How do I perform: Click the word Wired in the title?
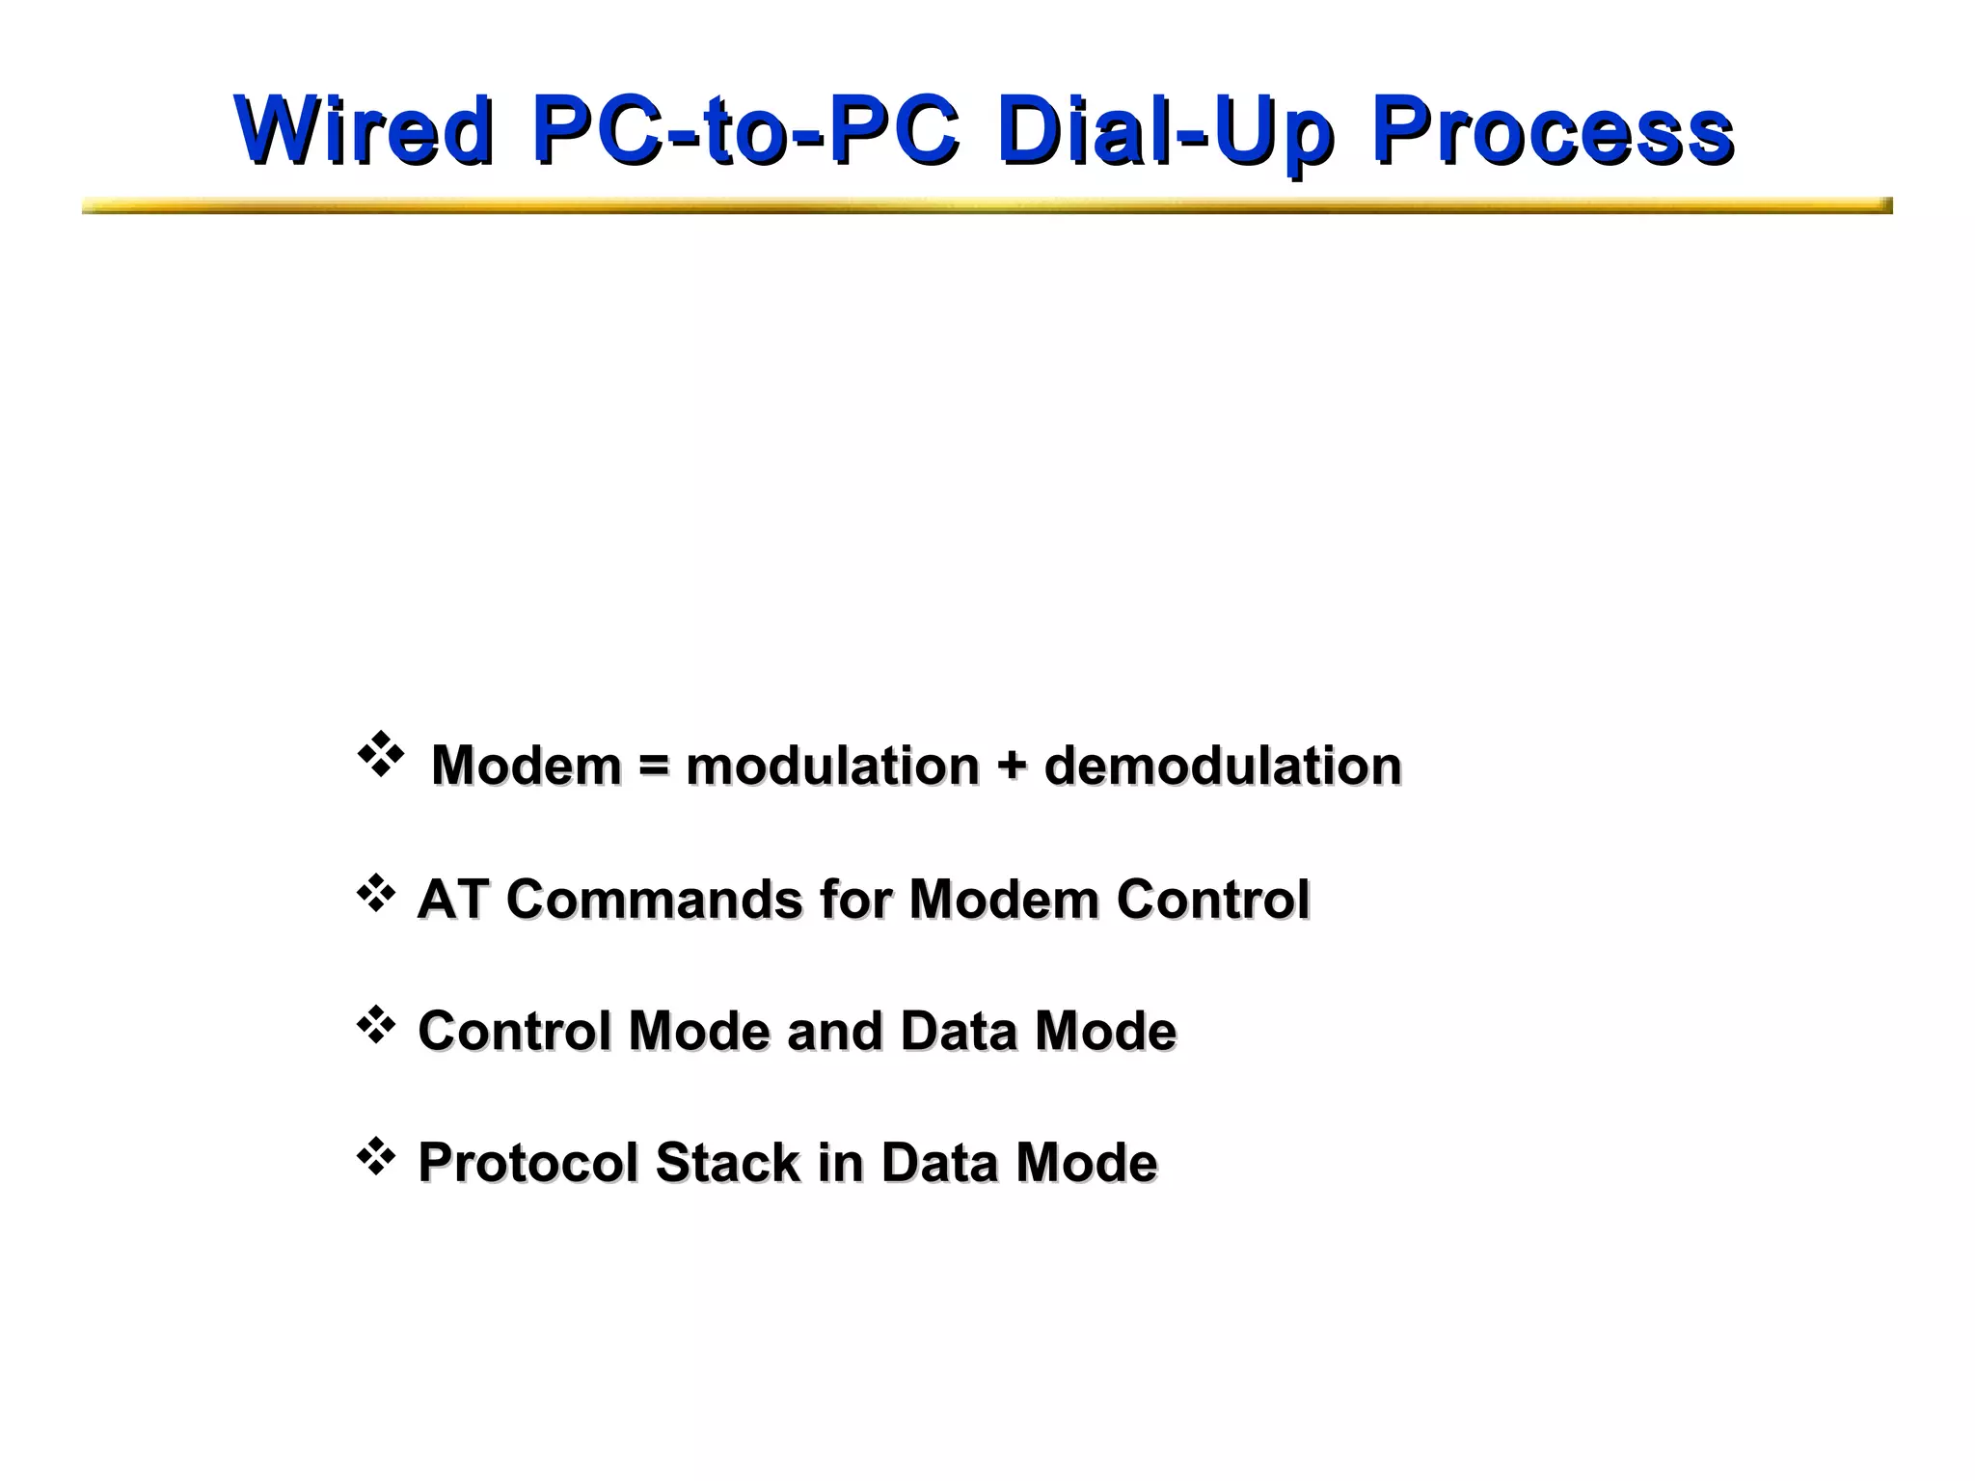click(364, 130)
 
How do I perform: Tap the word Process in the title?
click(1552, 130)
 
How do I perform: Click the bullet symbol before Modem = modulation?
click(380, 754)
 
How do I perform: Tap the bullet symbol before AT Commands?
click(376, 894)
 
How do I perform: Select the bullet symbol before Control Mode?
click(376, 1026)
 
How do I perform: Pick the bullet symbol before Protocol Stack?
click(376, 1157)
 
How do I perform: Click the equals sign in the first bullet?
click(653, 767)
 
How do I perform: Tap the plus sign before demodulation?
click(1012, 767)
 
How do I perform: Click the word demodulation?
click(1222, 766)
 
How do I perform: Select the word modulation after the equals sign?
click(832, 766)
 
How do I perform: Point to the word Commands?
click(654, 900)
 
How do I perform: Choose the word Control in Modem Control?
click(1212, 900)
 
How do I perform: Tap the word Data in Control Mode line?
click(958, 1031)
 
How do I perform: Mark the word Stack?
click(727, 1162)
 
